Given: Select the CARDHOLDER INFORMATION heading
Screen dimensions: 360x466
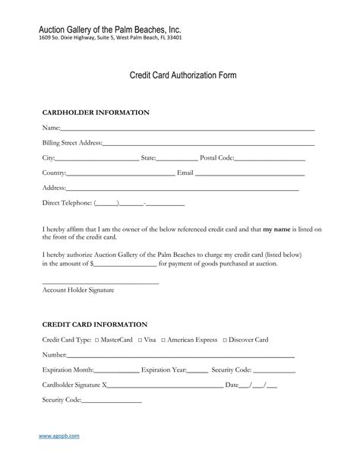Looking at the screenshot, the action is pyautogui.click(x=95, y=113).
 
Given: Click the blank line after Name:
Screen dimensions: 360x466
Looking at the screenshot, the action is pyautogui.click(x=187, y=130).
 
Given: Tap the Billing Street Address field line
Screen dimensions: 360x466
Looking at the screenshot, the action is pyautogui.click(x=208, y=144).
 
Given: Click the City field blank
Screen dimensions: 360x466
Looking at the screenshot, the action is pyautogui.click(x=97, y=160).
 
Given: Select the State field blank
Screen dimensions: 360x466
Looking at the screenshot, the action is pyautogui.click(x=177, y=160).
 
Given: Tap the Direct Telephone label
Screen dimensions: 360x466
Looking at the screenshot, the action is pyautogui.click(x=67, y=203).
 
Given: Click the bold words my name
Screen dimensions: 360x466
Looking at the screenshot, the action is pyautogui.click(x=278, y=228).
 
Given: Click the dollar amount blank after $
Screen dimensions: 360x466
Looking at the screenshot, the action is pyautogui.click(x=125, y=265).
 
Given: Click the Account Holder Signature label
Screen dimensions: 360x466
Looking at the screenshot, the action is pyautogui.click(x=77, y=290).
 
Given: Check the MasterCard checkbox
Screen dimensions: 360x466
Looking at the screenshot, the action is pyautogui.click(x=96, y=340).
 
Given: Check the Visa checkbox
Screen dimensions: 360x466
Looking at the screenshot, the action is pyautogui.click(x=140, y=340).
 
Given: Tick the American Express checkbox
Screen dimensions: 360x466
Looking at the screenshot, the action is pyautogui.click(x=163, y=340).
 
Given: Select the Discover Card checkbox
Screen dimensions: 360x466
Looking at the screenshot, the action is pyautogui.click(x=224, y=340).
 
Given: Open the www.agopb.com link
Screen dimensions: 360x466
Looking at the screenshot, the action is pyautogui.click(x=59, y=436).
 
